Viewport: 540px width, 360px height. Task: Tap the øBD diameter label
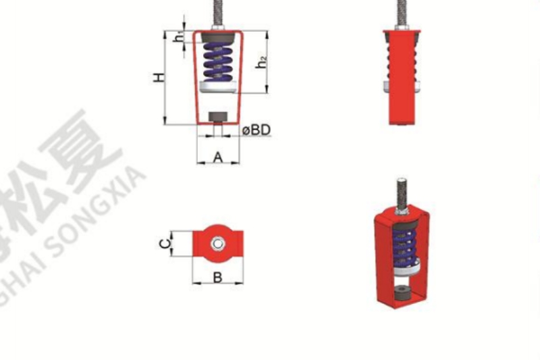[x=256, y=129]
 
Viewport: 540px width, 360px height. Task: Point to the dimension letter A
[x=218, y=157]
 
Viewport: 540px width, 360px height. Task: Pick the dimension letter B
[x=217, y=276]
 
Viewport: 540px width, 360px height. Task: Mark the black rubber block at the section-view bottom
[x=218, y=115]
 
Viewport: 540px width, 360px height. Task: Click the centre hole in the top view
[x=217, y=244]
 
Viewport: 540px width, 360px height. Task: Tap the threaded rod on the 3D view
[x=401, y=192]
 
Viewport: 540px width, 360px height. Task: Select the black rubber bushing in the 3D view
[x=403, y=293]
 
